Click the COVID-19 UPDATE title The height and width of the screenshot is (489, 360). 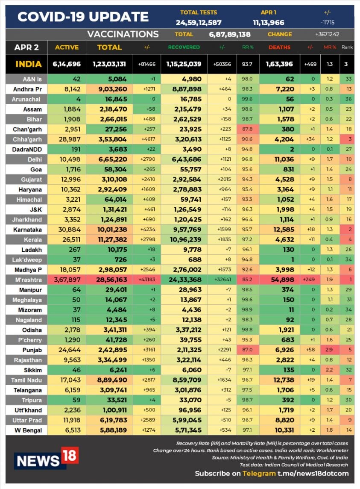[x=83, y=17]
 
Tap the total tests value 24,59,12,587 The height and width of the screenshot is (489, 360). [x=199, y=23]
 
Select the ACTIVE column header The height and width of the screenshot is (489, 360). [x=67, y=47]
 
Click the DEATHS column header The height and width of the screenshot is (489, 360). [x=279, y=47]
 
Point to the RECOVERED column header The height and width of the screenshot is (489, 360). [x=184, y=47]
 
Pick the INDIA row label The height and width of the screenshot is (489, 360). [x=28, y=64]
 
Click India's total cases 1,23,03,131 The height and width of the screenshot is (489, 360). [x=109, y=64]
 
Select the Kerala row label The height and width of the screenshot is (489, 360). [x=33, y=239]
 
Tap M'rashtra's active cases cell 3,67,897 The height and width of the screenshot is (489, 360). [x=67, y=280]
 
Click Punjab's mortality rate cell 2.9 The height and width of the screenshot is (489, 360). [x=329, y=350]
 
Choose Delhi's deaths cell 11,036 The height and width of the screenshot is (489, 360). [x=284, y=159]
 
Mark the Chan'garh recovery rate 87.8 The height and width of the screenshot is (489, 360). [x=247, y=129]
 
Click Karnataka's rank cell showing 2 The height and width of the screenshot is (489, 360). [x=350, y=230]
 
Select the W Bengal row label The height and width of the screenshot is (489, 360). [x=28, y=430]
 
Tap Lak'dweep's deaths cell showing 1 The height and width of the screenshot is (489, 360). [x=292, y=259]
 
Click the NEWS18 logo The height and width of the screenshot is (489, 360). [x=46, y=458]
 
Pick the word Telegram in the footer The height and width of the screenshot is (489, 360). [x=259, y=474]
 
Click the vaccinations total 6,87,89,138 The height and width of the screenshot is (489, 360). [x=230, y=34]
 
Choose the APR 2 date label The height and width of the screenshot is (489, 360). [x=26, y=47]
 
